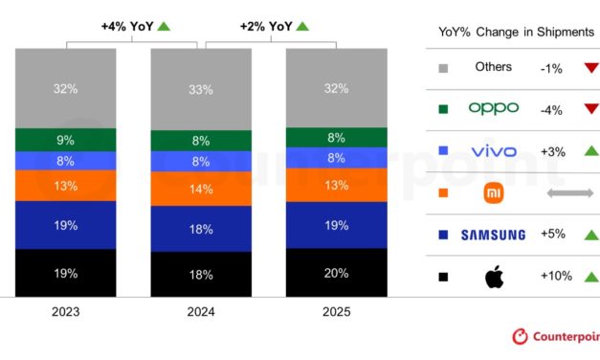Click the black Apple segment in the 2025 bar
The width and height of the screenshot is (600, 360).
(337, 272)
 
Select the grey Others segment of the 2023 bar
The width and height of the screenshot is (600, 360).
(65, 88)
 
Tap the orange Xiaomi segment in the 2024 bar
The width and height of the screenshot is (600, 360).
(201, 189)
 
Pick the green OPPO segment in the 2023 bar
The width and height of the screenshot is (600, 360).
(65, 139)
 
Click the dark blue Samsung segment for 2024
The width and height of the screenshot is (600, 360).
(201, 229)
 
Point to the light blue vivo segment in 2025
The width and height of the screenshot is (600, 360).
(337, 158)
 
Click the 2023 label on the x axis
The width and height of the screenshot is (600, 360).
(65, 312)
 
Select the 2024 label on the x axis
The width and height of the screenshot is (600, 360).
(201, 312)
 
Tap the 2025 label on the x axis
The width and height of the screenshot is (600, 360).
(337, 312)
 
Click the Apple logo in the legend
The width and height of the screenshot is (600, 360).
(493, 278)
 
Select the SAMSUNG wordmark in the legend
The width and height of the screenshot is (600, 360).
(493, 236)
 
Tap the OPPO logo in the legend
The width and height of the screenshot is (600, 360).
(493, 108)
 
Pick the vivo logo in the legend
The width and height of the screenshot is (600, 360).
(493, 151)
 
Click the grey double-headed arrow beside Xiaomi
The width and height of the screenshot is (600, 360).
(569, 193)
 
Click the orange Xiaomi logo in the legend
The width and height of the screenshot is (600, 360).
(493, 193)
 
